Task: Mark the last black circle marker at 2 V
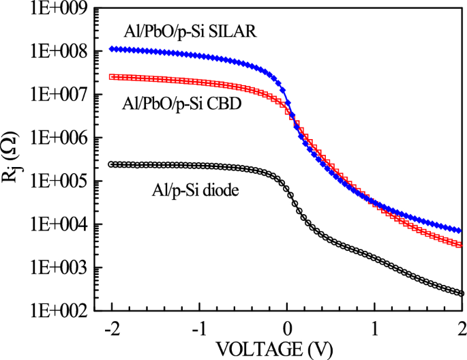click(461, 294)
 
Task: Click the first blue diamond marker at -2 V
click(112, 49)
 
